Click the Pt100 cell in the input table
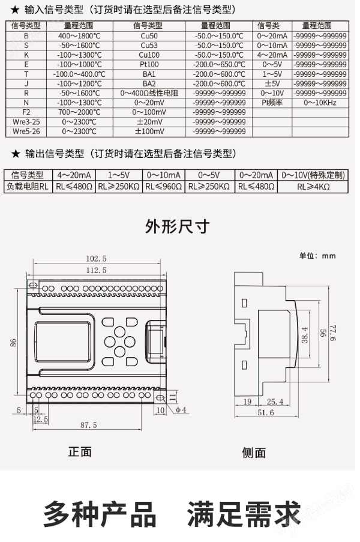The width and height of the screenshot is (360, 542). pyautogui.click(x=149, y=64)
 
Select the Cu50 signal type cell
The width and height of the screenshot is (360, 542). pyautogui.click(x=149, y=35)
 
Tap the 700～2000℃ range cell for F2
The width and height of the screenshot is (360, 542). pyautogui.click(x=79, y=112)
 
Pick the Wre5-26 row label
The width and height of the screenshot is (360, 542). pyautogui.click(x=26, y=131)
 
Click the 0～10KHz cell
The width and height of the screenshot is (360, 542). pyautogui.click(x=320, y=103)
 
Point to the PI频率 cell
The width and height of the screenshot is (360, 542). pyautogui.click(x=272, y=103)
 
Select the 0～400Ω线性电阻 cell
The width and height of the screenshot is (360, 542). pyautogui.click(x=149, y=93)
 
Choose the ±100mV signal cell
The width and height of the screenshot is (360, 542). pyautogui.click(x=149, y=131)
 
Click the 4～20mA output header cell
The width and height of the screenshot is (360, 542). pyautogui.click(x=74, y=175)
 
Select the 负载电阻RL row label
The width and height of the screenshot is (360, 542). pyautogui.click(x=26, y=186)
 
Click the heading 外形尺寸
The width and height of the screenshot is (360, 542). pyautogui.click(x=178, y=226)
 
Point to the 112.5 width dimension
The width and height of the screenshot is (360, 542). pyautogui.click(x=96, y=270)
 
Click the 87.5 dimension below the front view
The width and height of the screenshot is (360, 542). pyautogui.click(x=88, y=425)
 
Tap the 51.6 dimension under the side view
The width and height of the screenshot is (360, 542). pyautogui.click(x=265, y=413)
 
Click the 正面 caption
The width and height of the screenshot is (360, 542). pyautogui.click(x=80, y=452)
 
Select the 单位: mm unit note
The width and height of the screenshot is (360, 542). pyautogui.click(x=317, y=256)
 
